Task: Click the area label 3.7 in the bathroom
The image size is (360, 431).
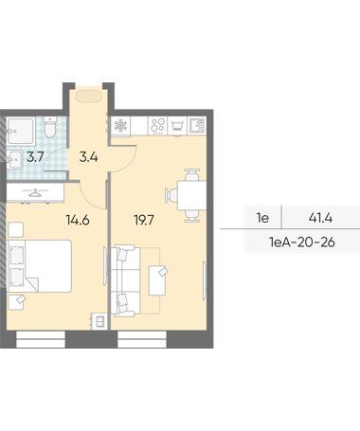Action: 35,157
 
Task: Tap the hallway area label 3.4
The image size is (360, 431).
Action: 88,157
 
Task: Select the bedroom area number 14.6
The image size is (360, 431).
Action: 78,220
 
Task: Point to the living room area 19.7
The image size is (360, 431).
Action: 144,220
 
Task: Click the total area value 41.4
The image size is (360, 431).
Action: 321,218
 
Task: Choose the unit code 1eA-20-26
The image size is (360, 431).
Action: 301,242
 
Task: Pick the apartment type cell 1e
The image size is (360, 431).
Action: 262,218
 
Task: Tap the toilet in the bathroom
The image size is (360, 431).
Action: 50,127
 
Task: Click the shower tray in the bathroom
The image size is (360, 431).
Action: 21,131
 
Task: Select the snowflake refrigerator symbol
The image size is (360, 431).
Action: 120,126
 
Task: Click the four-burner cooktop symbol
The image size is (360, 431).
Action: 157,125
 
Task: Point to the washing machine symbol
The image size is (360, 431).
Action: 177,126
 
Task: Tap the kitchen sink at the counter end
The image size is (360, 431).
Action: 196,125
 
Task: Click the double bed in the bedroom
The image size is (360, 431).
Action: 40,266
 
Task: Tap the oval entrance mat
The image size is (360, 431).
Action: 89,96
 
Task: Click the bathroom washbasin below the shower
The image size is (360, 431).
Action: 14,160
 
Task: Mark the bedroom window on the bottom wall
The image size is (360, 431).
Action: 41,339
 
